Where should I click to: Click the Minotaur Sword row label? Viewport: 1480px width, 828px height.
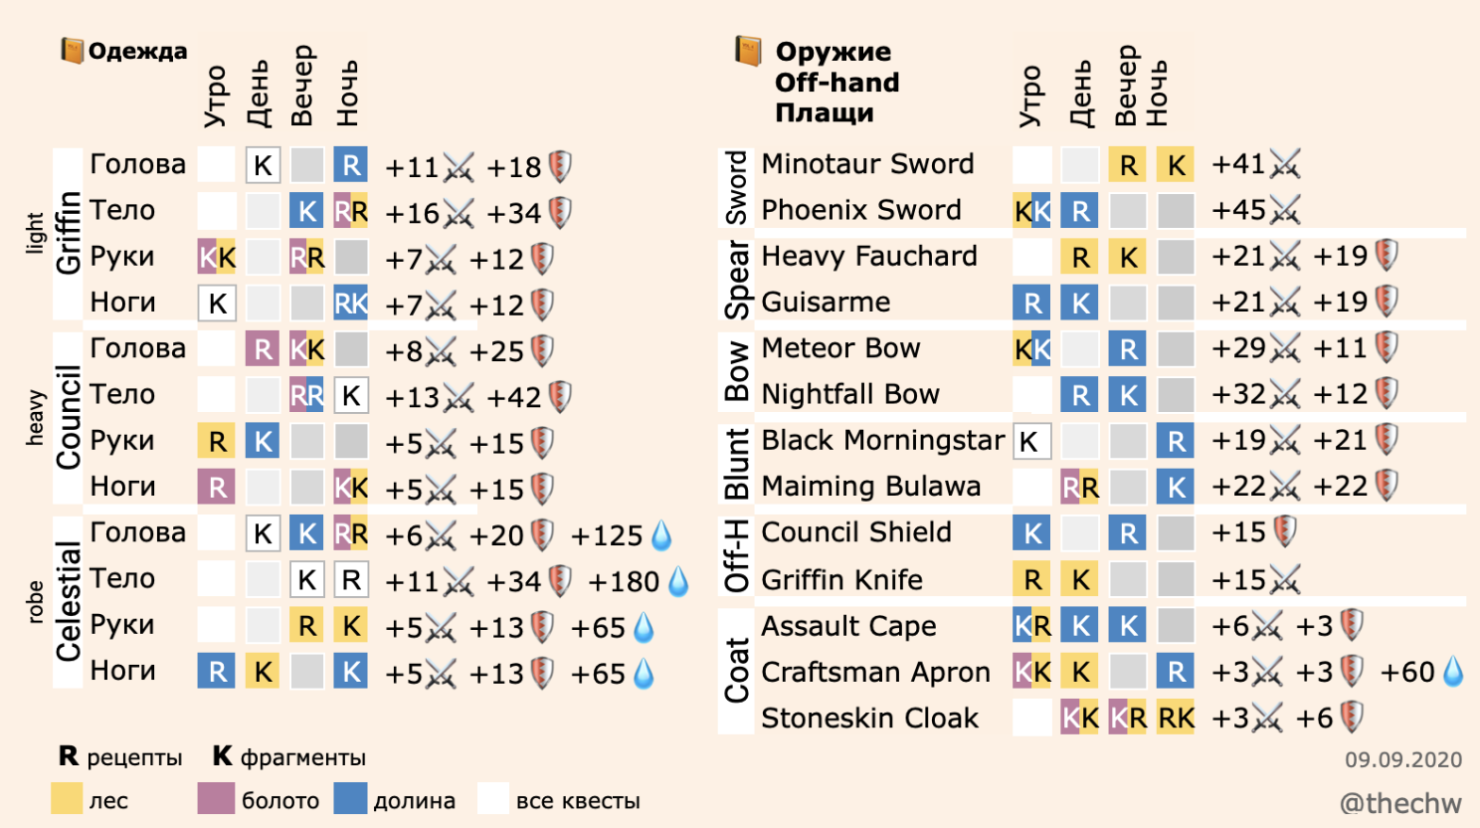pos(867,164)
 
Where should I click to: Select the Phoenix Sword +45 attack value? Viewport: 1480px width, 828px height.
pos(1239,210)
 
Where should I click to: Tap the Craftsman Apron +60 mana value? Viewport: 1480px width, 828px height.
pos(1407,672)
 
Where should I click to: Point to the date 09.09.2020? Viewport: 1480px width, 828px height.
pos(1403,759)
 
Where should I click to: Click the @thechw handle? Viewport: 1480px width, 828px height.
pos(1400,803)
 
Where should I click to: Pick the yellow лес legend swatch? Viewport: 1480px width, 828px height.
pos(67,798)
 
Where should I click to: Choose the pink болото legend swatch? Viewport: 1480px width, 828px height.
pos(216,798)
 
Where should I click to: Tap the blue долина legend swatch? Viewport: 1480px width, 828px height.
pos(351,798)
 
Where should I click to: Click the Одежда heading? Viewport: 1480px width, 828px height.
pos(137,51)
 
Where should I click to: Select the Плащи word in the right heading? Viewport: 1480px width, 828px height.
pos(825,113)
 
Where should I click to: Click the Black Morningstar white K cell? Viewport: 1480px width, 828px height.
pos(1031,441)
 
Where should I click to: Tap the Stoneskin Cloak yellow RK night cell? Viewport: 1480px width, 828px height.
pos(1176,718)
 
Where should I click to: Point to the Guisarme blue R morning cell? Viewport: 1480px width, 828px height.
pos(1031,303)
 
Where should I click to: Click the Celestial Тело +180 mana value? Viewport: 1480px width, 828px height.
pos(624,582)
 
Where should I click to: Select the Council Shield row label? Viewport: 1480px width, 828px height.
pos(856,532)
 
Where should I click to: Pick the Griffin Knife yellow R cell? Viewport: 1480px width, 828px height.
pos(1031,579)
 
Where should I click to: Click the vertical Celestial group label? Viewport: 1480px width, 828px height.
pos(68,601)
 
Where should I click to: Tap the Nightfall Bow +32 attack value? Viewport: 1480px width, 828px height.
pos(1239,395)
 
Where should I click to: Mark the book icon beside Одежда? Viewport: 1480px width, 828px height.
pos(72,51)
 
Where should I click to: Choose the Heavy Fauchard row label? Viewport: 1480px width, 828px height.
pos(869,257)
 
